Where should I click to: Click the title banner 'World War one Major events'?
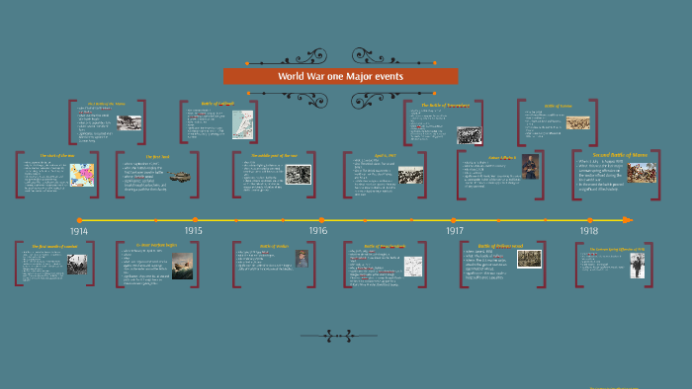pyautogui.click(x=340, y=76)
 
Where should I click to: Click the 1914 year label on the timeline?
pyautogui.click(x=79, y=231)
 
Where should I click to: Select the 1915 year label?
pyautogui.click(x=194, y=231)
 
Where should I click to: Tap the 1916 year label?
pyautogui.click(x=317, y=231)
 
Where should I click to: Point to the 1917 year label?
pyautogui.click(x=455, y=231)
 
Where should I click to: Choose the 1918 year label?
pyautogui.click(x=588, y=231)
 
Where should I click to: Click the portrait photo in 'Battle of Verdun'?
pyautogui.click(x=303, y=259)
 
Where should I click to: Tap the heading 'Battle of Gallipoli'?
pyautogui.click(x=219, y=104)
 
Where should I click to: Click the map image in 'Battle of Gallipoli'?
pyautogui.click(x=242, y=123)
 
